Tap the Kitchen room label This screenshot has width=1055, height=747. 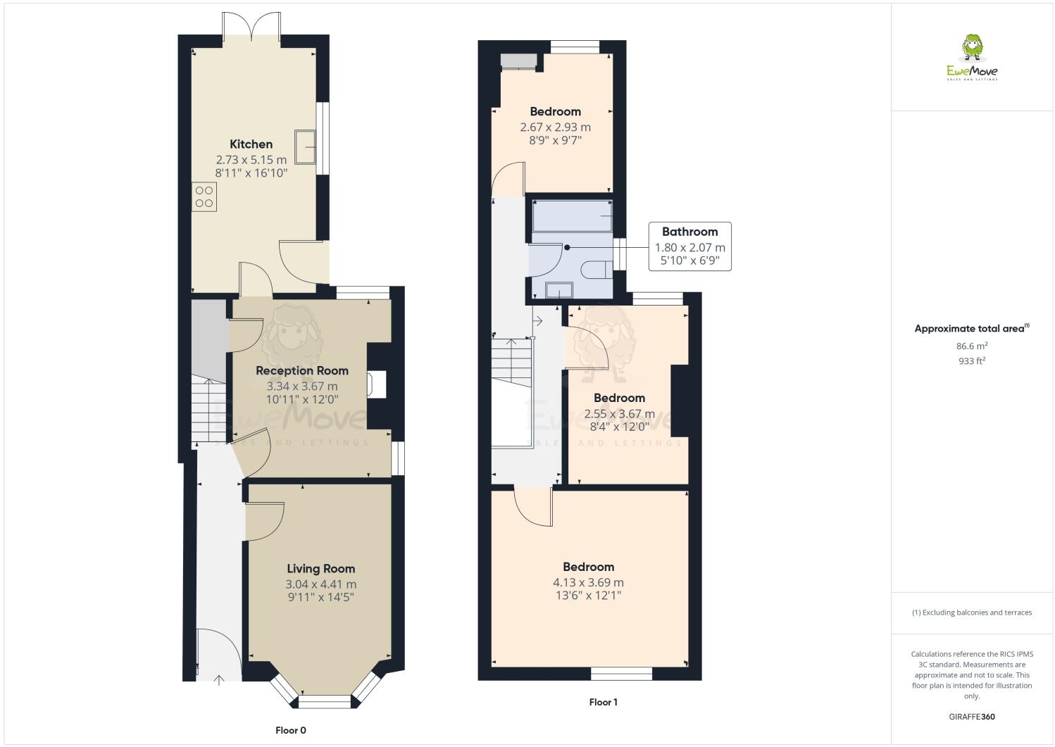pyautogui.click(x=251, y=144)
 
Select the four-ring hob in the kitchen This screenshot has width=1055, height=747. pyautogui.click(x=204, y=196)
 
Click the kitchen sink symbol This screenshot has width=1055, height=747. pyautogui.click(x=306, y=146)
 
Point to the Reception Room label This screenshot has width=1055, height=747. pyautogui.click(x=301, y=370)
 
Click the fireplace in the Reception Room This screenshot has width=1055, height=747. pyautogui.click(x=376, y=384)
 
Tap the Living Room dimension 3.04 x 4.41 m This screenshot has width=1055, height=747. pyautogui.click(x=320, y=584)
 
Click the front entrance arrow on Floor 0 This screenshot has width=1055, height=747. pyautogui.click(x=218, y=679)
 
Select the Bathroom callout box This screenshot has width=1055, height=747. pyautogui.click(x=689, y=246)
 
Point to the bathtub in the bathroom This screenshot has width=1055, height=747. pyautogui.click(x=572, y=216)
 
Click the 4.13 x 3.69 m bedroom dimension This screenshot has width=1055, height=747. pyautogui.click(x=588, y=583)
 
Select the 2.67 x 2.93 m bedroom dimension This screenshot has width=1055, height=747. pyautogui.click(x=555, y=127)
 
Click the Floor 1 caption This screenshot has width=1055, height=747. pyautogui.click(x=603, y=702)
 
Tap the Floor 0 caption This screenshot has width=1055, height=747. pyautogui.click(x=290, y=730)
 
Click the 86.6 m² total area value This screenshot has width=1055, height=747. pyautogui.click(x=971, y=346)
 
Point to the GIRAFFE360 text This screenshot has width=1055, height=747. pyautogui.click(x=971, y=717)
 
